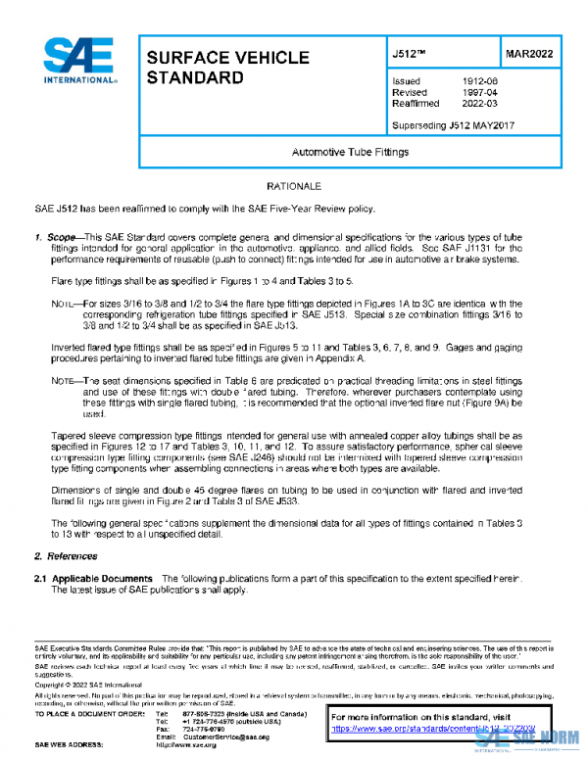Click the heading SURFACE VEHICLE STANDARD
click(227, 68)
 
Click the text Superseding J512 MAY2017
click(453, 125)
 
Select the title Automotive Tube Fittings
click(350, 153)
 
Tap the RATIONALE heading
click(294, 186)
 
